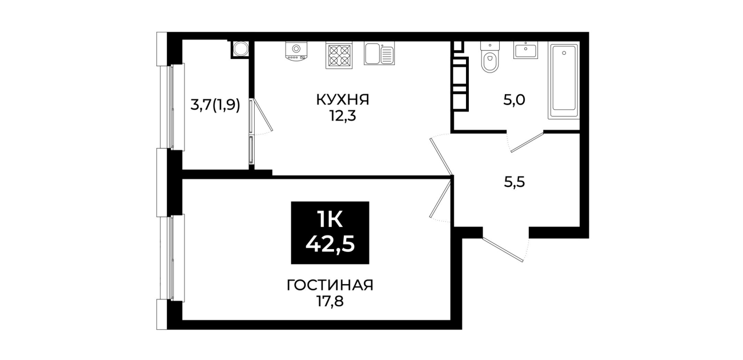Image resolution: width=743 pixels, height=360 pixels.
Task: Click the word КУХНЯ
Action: tap(343, 99)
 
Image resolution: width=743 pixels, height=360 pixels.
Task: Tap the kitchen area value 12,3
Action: tap(343, 116)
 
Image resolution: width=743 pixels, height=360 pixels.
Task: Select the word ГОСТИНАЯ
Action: tap(330, 285)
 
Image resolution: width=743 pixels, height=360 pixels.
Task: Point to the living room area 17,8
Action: tap(330, 302)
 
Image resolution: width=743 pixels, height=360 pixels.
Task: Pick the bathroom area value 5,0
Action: tap(514, 100)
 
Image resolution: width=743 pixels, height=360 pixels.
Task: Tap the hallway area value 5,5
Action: tap(515, 182)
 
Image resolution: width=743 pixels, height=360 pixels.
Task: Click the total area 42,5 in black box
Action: tap(330, 245)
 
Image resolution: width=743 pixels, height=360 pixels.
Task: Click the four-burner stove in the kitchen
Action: tap(339, 55)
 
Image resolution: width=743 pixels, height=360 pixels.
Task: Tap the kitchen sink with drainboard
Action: tap(379, 53)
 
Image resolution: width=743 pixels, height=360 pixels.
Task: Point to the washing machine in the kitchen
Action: tap(296, 51)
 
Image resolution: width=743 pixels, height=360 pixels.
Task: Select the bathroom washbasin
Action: tap(526, 50)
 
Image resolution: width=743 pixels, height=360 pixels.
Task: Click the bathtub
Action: tap(564, 81)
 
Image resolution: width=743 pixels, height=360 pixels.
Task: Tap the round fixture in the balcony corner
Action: tap(240, 49)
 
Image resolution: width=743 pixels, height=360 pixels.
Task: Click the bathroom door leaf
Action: tap(527, 142)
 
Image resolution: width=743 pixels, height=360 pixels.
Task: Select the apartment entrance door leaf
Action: tap(503, 249)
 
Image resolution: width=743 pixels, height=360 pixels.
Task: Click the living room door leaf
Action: tap(440, 198)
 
